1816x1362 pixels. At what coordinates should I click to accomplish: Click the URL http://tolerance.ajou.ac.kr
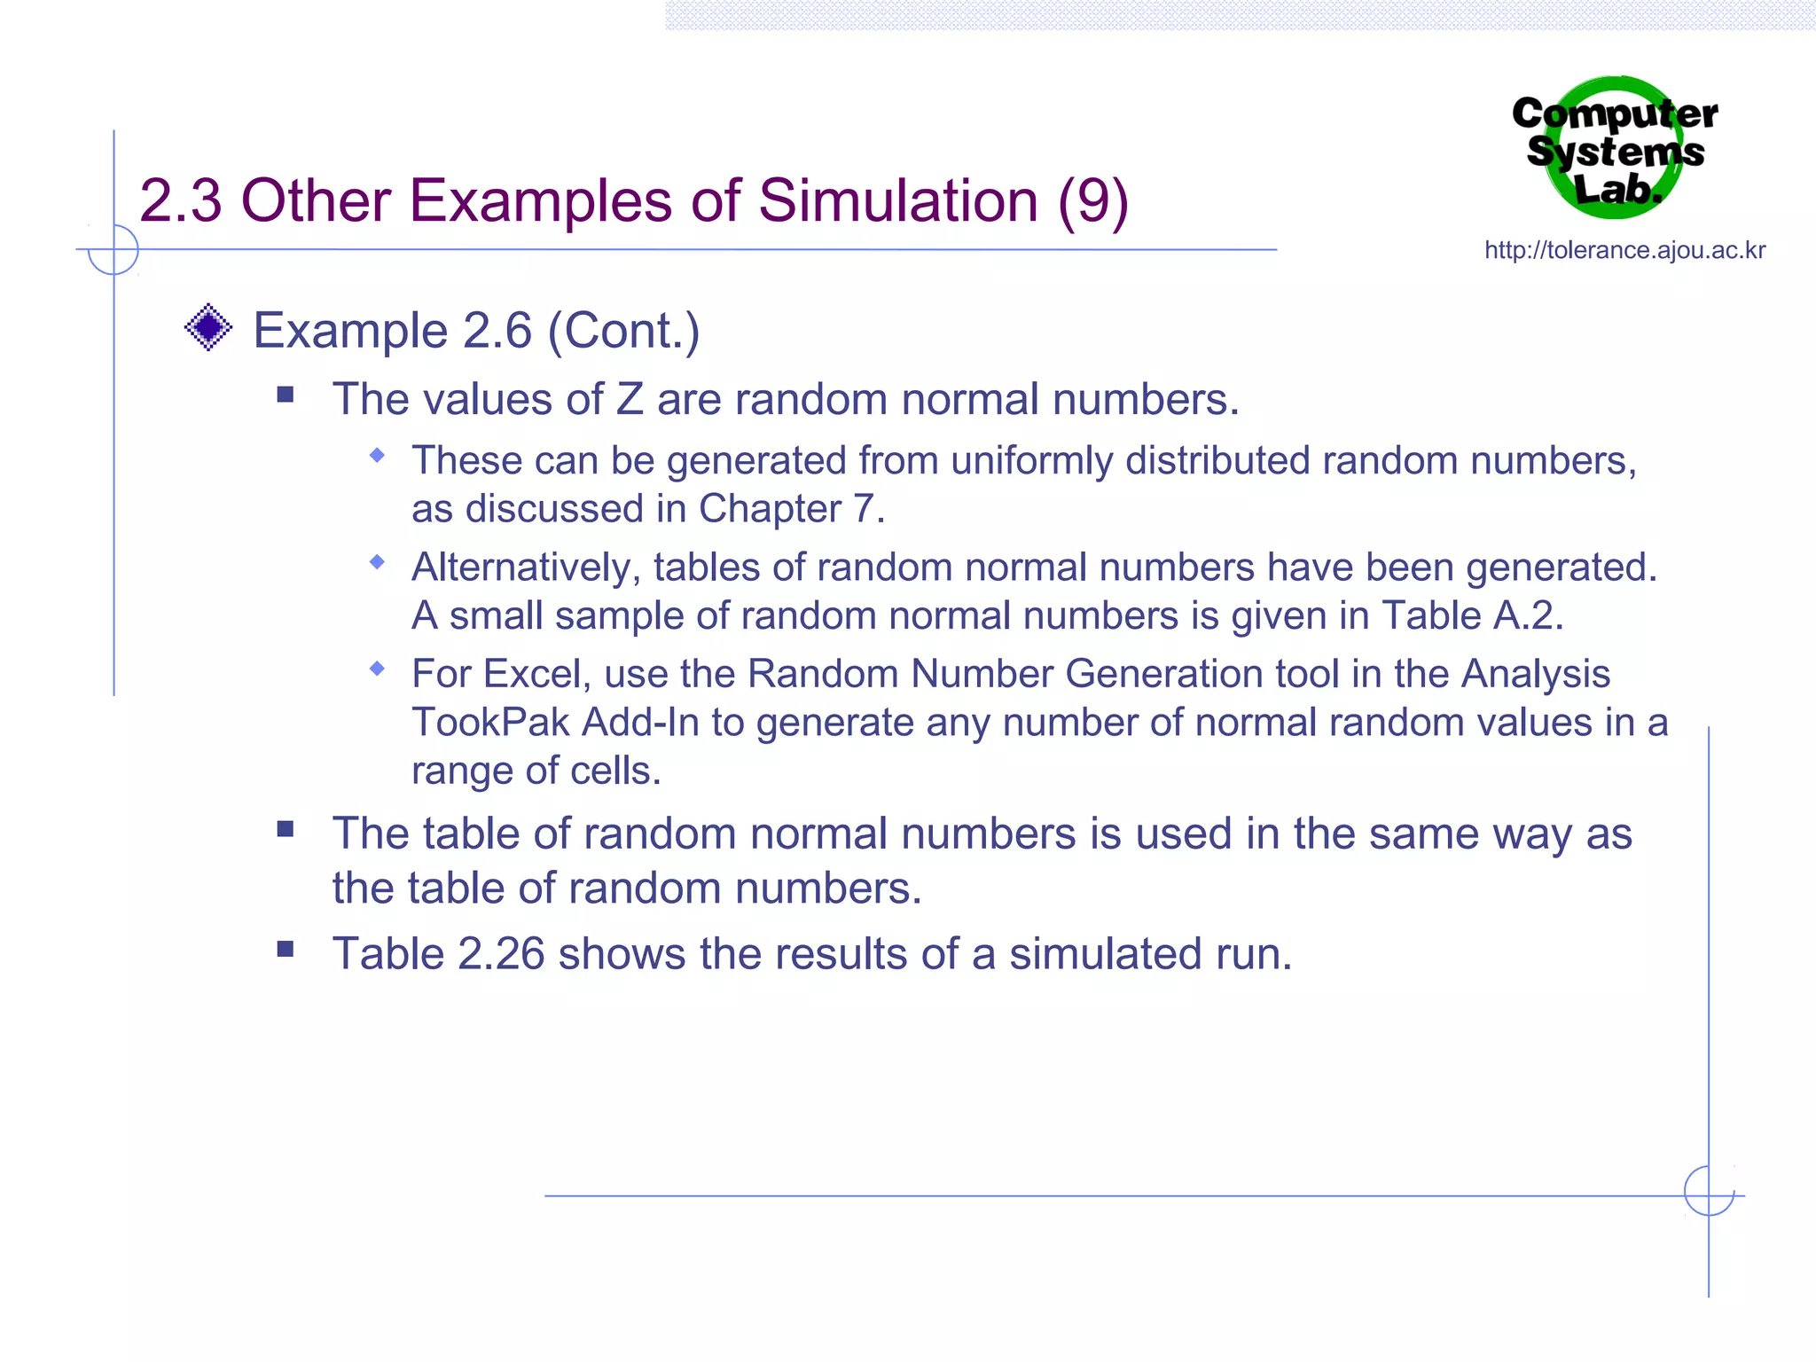tap(1624, 250)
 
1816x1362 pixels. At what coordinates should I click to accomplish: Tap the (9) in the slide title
tap(1092, 201)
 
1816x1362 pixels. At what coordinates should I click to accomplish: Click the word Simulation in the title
tap(897, 201)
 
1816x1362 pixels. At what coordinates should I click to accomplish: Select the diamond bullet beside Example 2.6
tap(208, 328)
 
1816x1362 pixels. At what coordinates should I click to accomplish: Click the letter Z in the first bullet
tap(630, 399)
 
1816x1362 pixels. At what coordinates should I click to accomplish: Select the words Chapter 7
tap(791, 509)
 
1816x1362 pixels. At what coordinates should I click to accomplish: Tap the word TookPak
tap(490, 722)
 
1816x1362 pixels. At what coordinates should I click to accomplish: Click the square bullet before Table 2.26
tap(285, 950)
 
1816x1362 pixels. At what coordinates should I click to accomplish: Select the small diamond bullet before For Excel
tap(378, 668)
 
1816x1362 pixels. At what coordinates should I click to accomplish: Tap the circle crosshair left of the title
tap(113, 250)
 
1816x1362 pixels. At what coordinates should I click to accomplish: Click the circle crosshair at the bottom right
tap(1709, 1191)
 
